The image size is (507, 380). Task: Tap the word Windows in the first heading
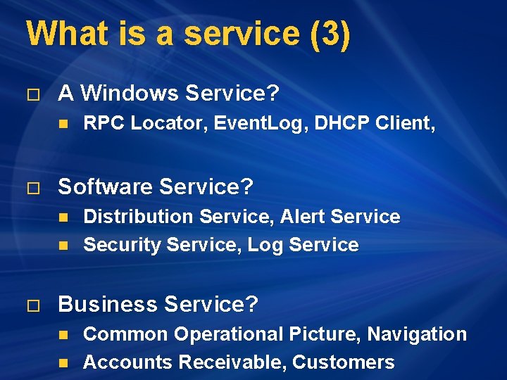pyautogui.click(x=127, y=93)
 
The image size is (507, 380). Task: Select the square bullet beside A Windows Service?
pyautogui.click(x=30, y=94)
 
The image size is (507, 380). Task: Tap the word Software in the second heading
pyautogui.click(x=106, y=186)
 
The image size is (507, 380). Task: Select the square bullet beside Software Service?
pyautogui.click(x=30, y=188)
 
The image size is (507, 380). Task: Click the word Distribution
pyautogui.click(x=139, y=217)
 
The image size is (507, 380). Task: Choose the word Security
pyautogui.click(x=121, y=245)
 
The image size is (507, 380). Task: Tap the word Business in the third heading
pyautogui.click(x=108, y=305)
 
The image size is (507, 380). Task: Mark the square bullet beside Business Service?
pyautogui.click(x=30, y=306)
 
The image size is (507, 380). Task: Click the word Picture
pyautogui.click(x=325, y=334)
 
